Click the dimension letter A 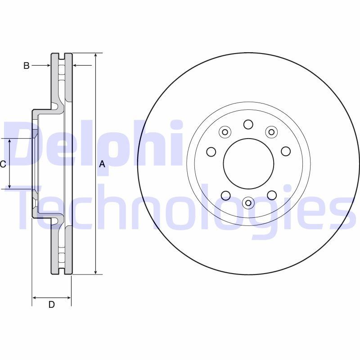tap(102, 164)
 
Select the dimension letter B tap(27, 66)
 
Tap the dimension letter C tap(3, 164)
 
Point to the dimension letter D tap(52, 305)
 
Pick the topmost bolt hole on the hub tap(248, 124)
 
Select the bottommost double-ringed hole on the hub tap(248, 203)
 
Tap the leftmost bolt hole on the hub tap(211, 152)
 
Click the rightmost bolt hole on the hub tap(286, 151)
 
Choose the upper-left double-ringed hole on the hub tap(225, 132)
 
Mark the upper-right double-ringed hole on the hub tap(271, 132)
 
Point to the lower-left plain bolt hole tap(225, 195)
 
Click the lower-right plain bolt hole tap(271, 195)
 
